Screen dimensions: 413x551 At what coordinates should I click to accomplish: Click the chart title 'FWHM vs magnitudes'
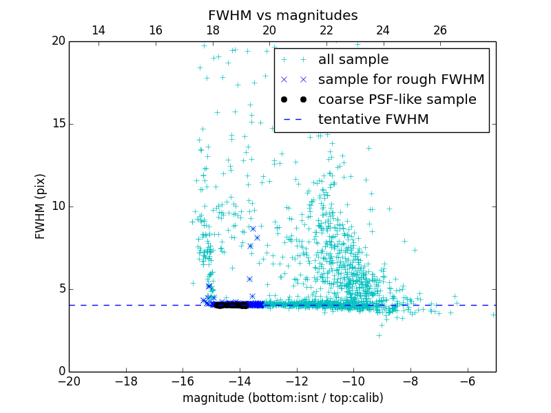[x=282, y=15]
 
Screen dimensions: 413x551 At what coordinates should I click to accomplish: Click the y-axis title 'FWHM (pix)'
[x=41, y=206]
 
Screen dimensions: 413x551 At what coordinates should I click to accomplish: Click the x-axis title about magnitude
[x=282, y=399]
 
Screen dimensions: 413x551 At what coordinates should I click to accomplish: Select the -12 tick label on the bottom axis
[x=297, y=381]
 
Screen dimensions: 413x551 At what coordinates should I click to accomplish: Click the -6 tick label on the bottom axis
[x=468, y=381]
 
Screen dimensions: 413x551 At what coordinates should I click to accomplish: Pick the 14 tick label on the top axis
[x=98, y=30]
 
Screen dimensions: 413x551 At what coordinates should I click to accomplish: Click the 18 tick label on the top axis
[x=212, y=30]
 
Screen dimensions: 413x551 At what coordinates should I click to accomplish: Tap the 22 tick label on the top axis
[x=326, y=30]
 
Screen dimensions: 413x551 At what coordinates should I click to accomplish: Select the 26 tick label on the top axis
[x=440, y=30]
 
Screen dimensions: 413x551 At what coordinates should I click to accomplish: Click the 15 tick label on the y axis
[x=57, y=124]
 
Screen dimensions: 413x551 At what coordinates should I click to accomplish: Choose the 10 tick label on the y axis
[x=57, y=206]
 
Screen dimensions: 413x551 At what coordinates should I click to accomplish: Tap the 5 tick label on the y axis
[x=61, y=289]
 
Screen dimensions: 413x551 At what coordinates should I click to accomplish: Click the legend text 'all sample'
[x=353, y=60]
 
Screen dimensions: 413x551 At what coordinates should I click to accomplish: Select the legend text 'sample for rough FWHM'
[x=401, y=80]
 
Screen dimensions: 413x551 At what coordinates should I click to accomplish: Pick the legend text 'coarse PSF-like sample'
[x=397, y=100]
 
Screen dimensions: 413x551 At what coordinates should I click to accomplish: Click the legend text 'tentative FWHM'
[x=373, y=120]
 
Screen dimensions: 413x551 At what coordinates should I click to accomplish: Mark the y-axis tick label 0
[x=61, y=372]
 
